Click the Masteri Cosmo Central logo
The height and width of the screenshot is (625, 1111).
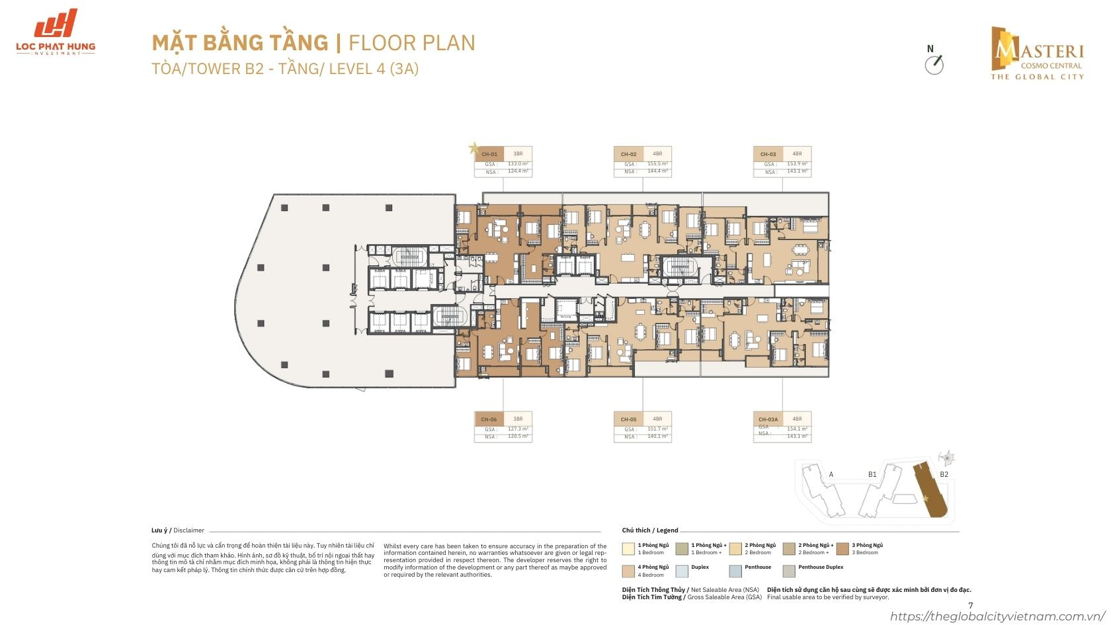[1036, 53]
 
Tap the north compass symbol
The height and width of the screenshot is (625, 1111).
[934, 63]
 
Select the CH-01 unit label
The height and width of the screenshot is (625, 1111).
[489, 153]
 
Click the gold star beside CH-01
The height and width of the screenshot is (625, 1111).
[473, 148]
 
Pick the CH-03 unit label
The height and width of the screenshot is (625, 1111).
[768, 154]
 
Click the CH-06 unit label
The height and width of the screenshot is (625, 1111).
[489, 419]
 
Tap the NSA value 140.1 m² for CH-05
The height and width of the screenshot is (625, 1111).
[657, 437]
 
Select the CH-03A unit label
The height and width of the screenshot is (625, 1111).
[768, 419]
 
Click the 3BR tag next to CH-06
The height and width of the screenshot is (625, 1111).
[518, 419]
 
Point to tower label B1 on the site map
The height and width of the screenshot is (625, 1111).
[872, 474]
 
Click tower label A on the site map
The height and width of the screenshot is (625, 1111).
[831, 474]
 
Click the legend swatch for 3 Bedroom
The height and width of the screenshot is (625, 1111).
[842, 548]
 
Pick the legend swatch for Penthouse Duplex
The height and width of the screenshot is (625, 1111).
[788, 571]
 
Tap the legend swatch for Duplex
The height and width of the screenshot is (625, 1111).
[681, 571]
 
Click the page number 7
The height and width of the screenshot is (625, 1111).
[970, 605]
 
